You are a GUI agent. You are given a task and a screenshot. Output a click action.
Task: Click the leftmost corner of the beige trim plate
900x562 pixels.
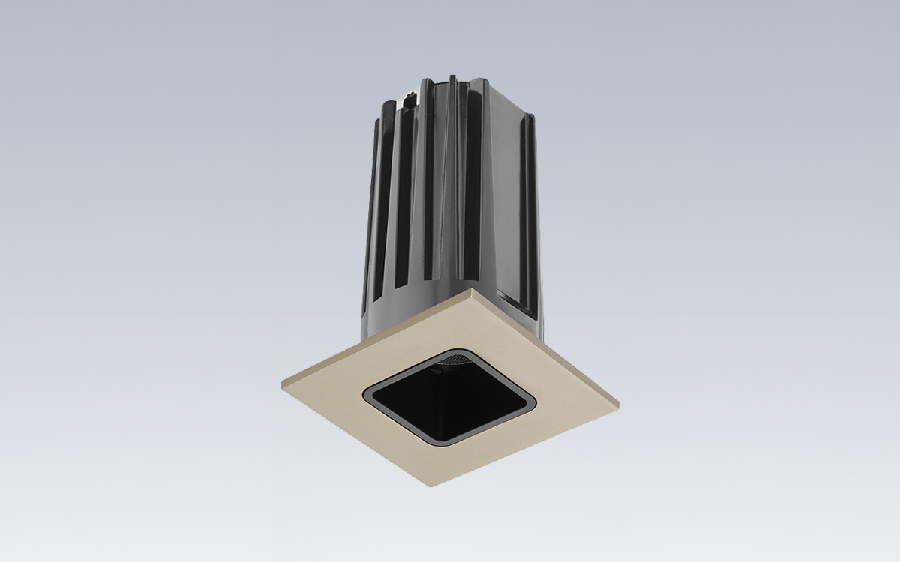[283, 384]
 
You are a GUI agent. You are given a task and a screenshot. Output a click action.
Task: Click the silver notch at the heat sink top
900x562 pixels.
[409, 96]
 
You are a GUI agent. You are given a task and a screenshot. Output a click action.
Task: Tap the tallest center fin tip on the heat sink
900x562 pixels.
[454, 79]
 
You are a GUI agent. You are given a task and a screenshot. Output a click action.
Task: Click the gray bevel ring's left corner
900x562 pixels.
[366, 393]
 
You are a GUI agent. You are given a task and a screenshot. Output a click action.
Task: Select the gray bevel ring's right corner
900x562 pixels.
[534, 405]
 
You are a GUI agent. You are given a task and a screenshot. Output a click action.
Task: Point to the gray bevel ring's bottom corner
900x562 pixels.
[442, 444]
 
